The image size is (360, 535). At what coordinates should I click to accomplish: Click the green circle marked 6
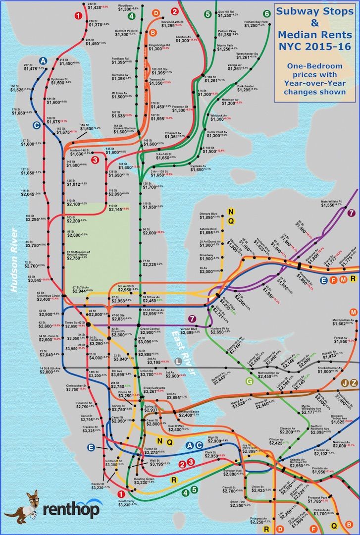(x=267, y=13)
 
